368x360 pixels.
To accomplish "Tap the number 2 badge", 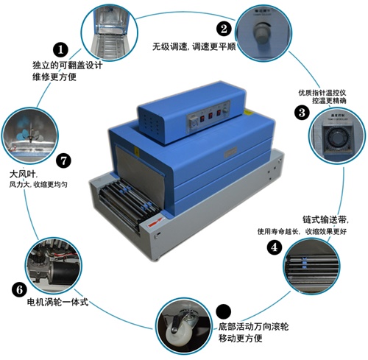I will coord(223,29).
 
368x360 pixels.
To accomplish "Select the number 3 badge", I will coord(301,113).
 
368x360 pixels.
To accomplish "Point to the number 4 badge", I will coord(274,248).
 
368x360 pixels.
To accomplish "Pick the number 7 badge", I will coord(64,158).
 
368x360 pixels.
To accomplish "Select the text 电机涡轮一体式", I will coord(57,303).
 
